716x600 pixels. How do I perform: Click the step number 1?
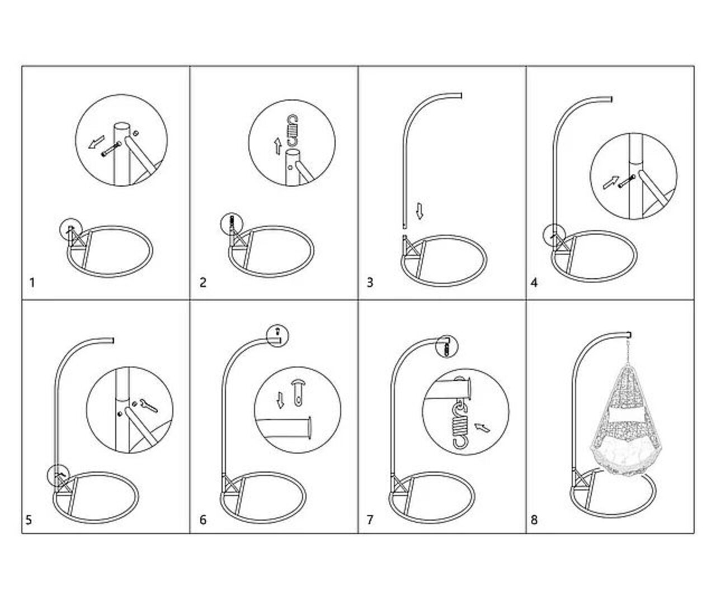point(32,283)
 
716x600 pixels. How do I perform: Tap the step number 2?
point(203,283)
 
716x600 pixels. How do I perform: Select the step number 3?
point(370,283)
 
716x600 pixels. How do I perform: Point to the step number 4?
point(534,283)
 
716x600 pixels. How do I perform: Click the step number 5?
point(29,520)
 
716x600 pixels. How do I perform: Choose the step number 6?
point(203,520)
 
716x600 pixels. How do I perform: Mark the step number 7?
point(370,520)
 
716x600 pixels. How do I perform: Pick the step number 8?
point(534,520)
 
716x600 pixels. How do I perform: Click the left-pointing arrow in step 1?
point(96,142)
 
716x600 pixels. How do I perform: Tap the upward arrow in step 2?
point(278,146)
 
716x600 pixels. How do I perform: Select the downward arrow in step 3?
point(420,211)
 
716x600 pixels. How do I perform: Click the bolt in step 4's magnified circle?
point(627,181)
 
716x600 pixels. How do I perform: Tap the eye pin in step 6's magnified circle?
point(298,393)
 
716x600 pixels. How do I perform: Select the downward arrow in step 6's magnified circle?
point(280,400)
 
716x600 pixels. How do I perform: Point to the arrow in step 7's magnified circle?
point(483,427)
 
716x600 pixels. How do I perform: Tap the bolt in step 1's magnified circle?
point(111,149)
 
